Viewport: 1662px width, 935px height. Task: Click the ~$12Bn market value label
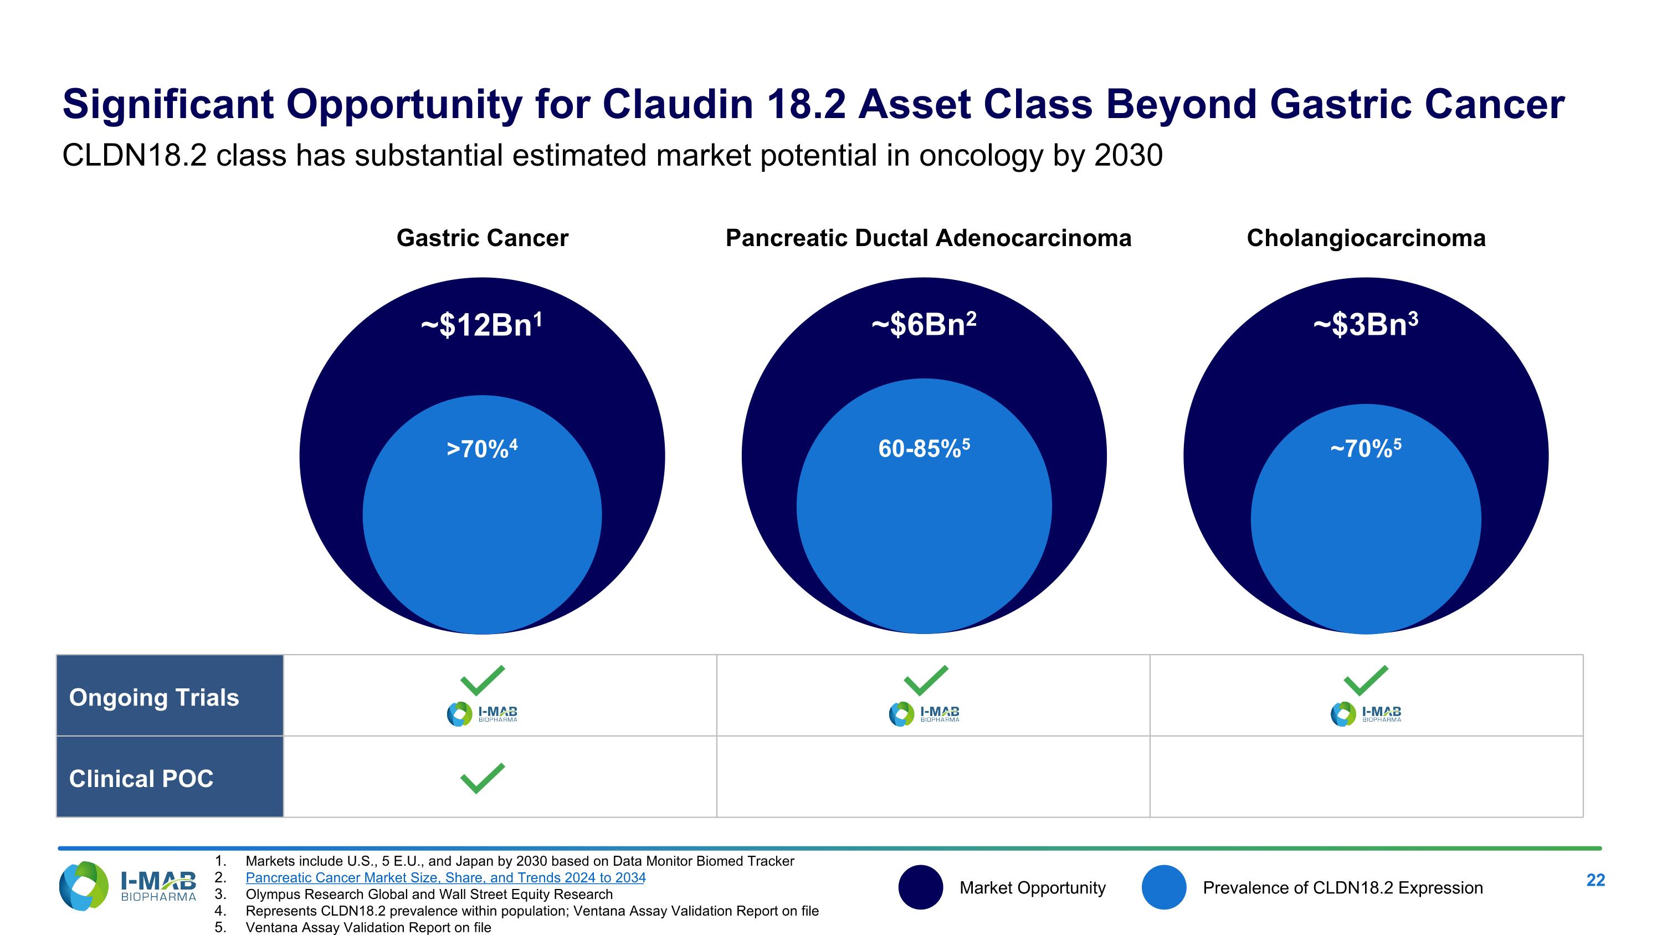click(481, 325)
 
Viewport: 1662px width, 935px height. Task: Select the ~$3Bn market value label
click(1365, 325)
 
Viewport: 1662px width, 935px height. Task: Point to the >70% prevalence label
click(481, 448)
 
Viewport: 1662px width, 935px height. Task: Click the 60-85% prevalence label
click(924, 448)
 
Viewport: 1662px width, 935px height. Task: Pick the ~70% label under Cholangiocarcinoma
click(1365, 448)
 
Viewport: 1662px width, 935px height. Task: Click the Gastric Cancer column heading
click(482, 238)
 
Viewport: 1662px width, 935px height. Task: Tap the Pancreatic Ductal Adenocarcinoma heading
click(928, 238)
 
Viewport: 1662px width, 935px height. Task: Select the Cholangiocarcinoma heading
click(1366, 238)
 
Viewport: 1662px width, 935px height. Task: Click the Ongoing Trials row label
click(153, 698)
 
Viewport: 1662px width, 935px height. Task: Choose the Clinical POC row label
click(141, 779)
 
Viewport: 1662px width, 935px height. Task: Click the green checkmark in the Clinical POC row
click(482, 778)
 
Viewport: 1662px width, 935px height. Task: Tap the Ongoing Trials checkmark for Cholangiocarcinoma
click(1365, 680)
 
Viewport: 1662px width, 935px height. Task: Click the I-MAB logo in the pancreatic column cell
click(924, 714)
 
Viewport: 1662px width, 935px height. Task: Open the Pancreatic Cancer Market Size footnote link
click(445, 877)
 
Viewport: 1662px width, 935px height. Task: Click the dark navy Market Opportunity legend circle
click(920, 887)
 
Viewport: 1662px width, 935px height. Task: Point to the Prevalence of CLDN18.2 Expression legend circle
click(1163, 887)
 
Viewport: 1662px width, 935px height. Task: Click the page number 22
click(1595, 880)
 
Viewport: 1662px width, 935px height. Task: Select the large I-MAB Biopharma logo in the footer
click(127, 886)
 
